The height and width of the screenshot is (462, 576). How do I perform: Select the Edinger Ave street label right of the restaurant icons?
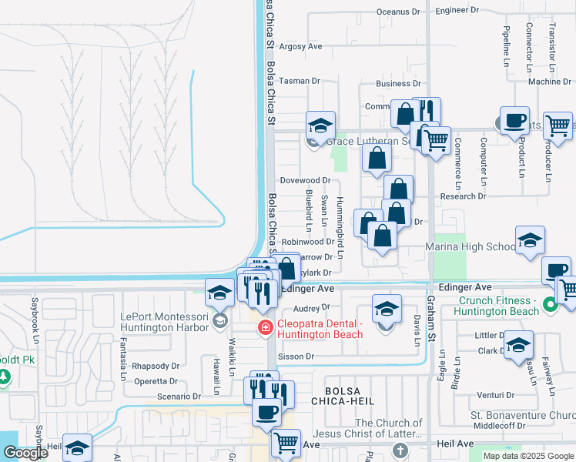coord(307,289)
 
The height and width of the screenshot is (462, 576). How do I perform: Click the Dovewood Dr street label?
coord(304,180)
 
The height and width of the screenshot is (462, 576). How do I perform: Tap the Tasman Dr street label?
coord(299,81)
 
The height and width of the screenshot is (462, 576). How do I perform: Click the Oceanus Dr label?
coord(399,12)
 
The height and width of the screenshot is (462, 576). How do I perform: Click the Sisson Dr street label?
coord(296,357)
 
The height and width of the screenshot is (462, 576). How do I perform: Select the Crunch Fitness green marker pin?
coord(550,306)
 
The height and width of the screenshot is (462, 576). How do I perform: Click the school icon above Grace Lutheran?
coord(320,124)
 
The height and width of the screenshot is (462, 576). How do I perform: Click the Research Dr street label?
coord(457,196)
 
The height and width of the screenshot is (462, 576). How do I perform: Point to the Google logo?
coord(25,453)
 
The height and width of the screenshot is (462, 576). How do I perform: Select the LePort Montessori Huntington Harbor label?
coord(165,321)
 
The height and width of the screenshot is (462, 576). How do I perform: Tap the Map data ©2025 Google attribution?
coord(528,456)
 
